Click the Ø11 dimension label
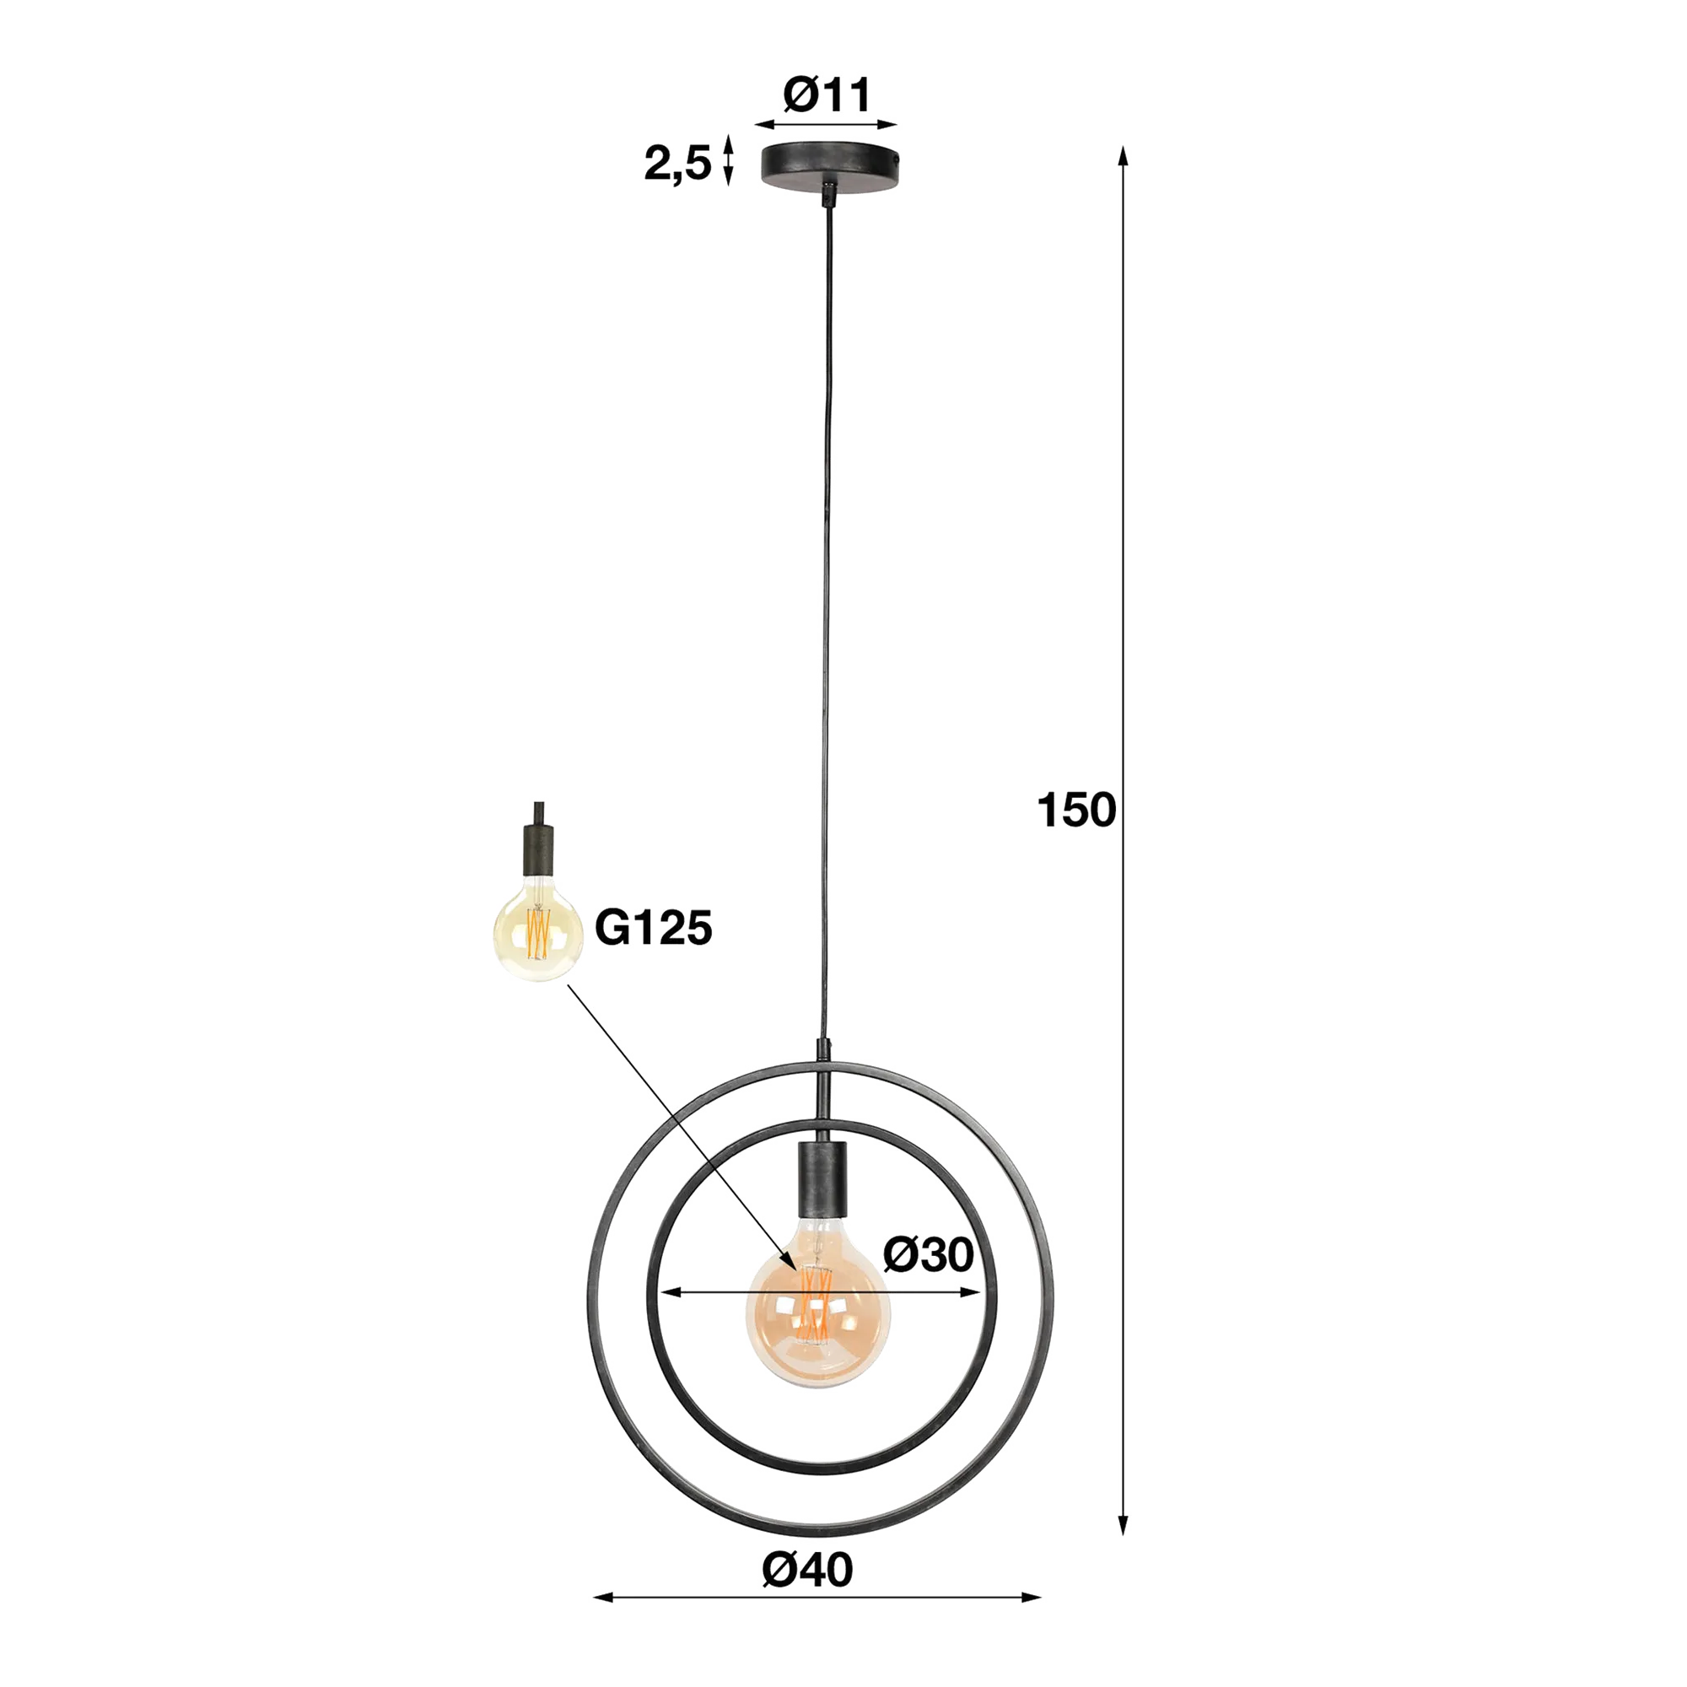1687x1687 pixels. pyautogui.click(x=826, y=96)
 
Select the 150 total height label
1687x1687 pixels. pyautogui.click(x=1075, y=811)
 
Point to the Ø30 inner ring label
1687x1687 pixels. pyautogui.click(x=927, y=1256)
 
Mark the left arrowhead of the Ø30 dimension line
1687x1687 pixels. pyautogui.click(x=671, y=1292)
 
